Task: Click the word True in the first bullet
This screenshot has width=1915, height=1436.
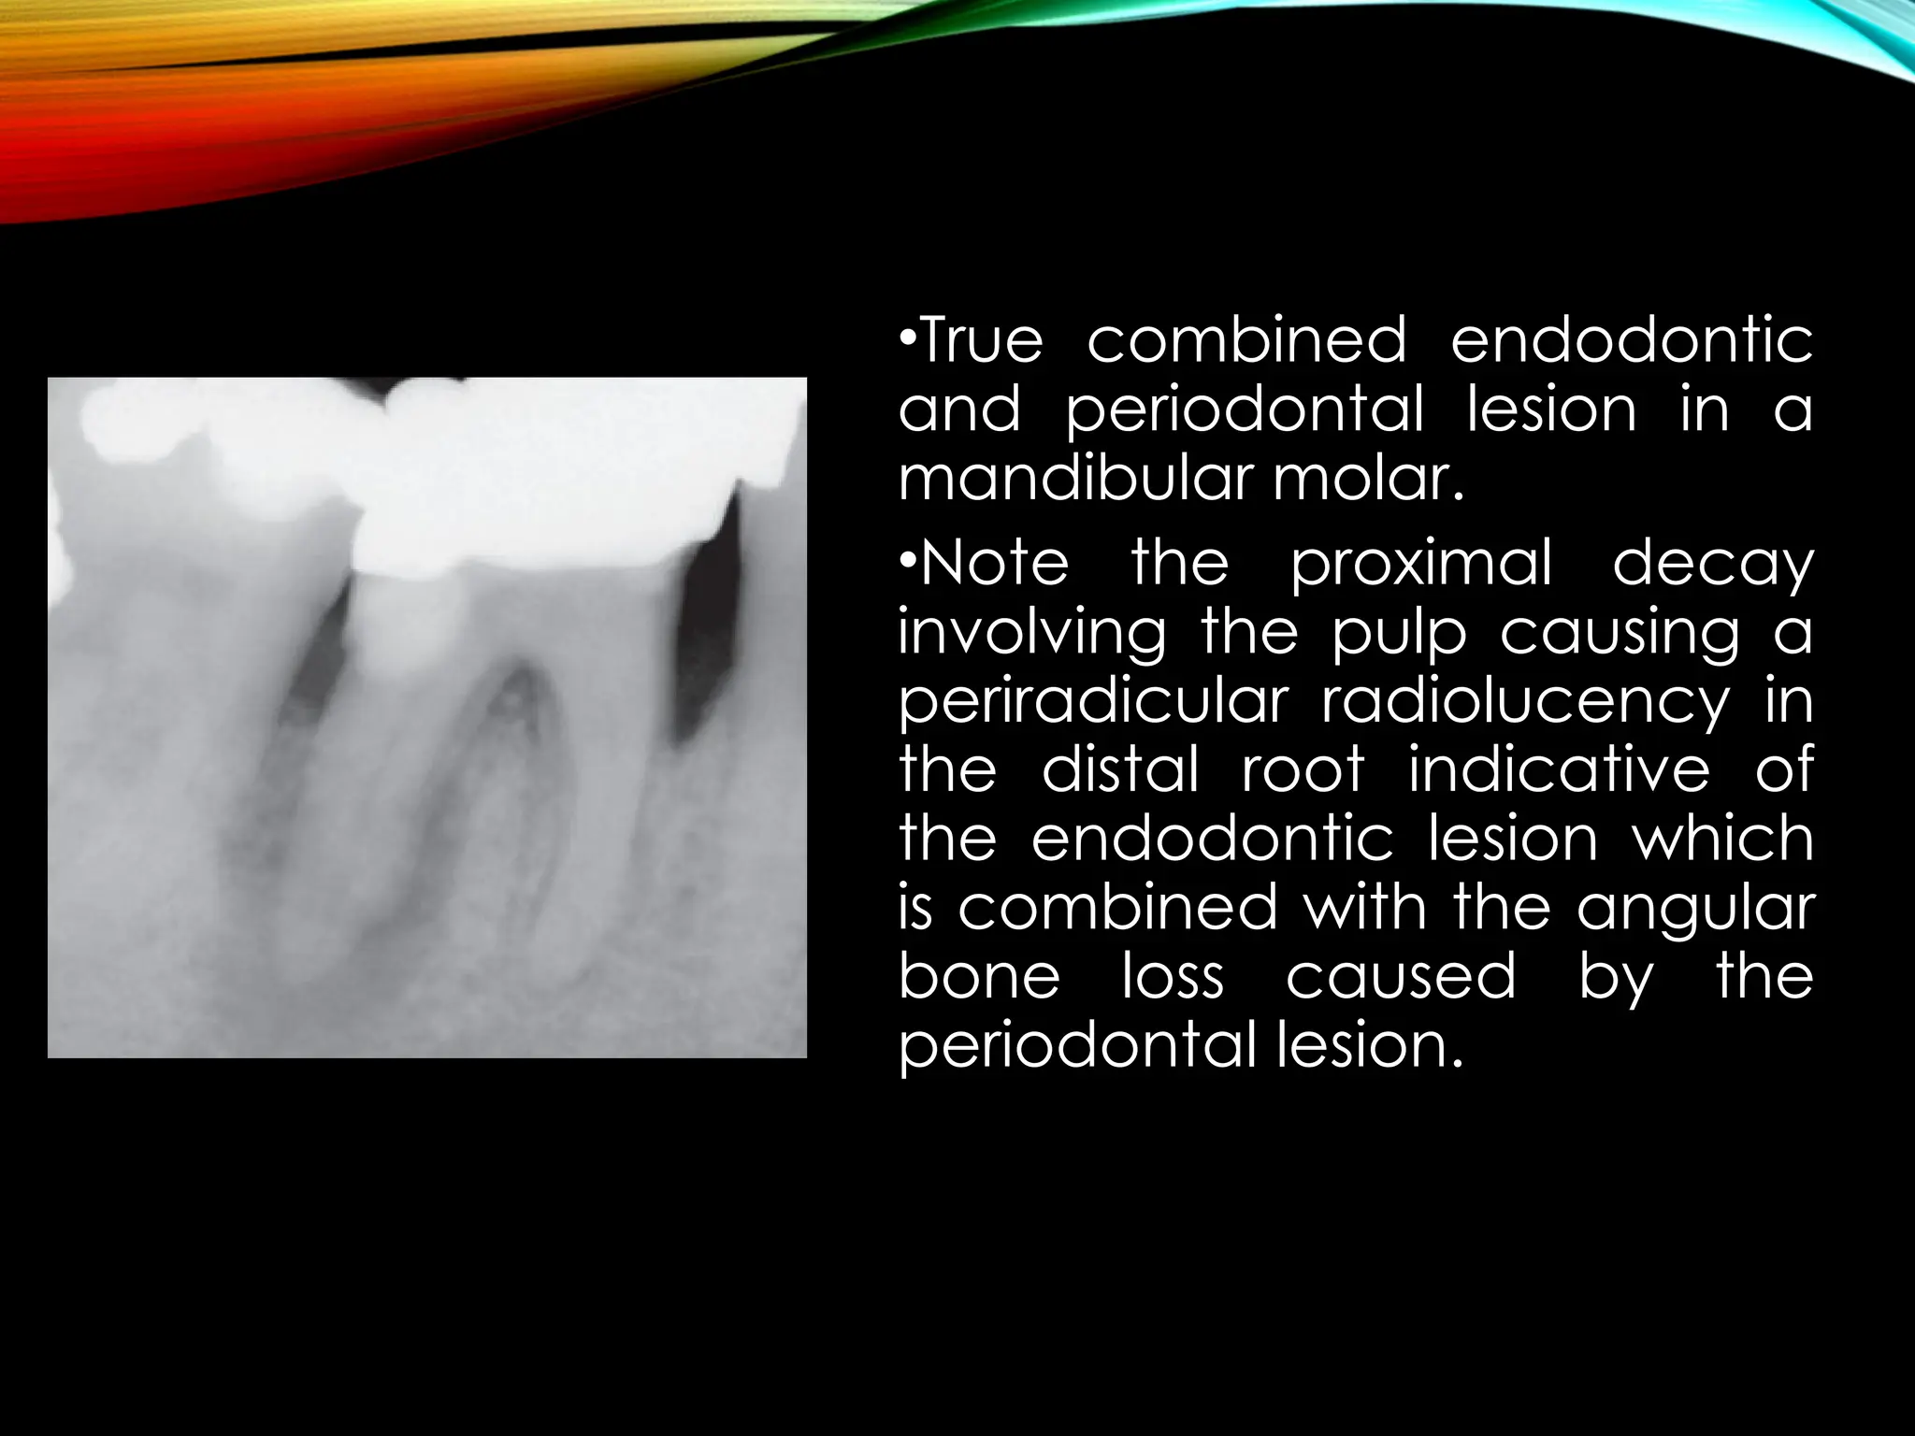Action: (x=981, y=340)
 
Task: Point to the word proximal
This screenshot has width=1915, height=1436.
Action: (x=1421, y=564)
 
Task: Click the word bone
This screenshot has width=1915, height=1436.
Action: (x=979, y=976)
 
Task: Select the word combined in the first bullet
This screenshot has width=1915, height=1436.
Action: (x=1246, y=340)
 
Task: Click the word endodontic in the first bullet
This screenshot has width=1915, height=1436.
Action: (x=1631, y=340)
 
